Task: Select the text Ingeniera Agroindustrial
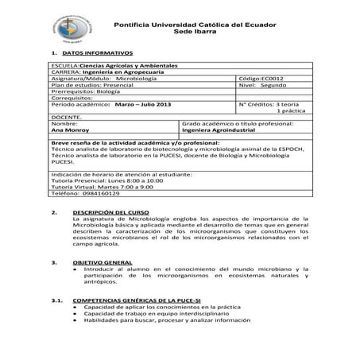click(x=217, y=130)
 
